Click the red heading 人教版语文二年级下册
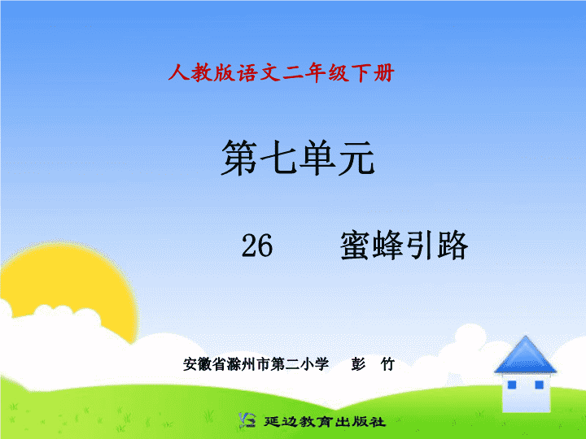(x=281, y=72)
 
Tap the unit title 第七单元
(x=298, y=158)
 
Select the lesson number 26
(x=257, y=246)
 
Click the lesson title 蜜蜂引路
(x=404, y=246)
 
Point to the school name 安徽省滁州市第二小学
(x=256, y=364)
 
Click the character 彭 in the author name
(x=358, y=364)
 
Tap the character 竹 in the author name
(x=387, y=364)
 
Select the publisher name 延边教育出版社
(x=325, y=421)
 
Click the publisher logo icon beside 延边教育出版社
(x=247, y=420)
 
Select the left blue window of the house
(x=512, y=385)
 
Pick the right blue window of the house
(x=539, y=385)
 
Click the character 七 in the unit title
(x=278, y=158)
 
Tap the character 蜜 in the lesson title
(x=356, y=246)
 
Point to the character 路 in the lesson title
(x=453, y=246)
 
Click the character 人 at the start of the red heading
(x=178, y=72)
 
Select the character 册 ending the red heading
(x=384, y=72)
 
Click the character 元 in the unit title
(x=356, y=158)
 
